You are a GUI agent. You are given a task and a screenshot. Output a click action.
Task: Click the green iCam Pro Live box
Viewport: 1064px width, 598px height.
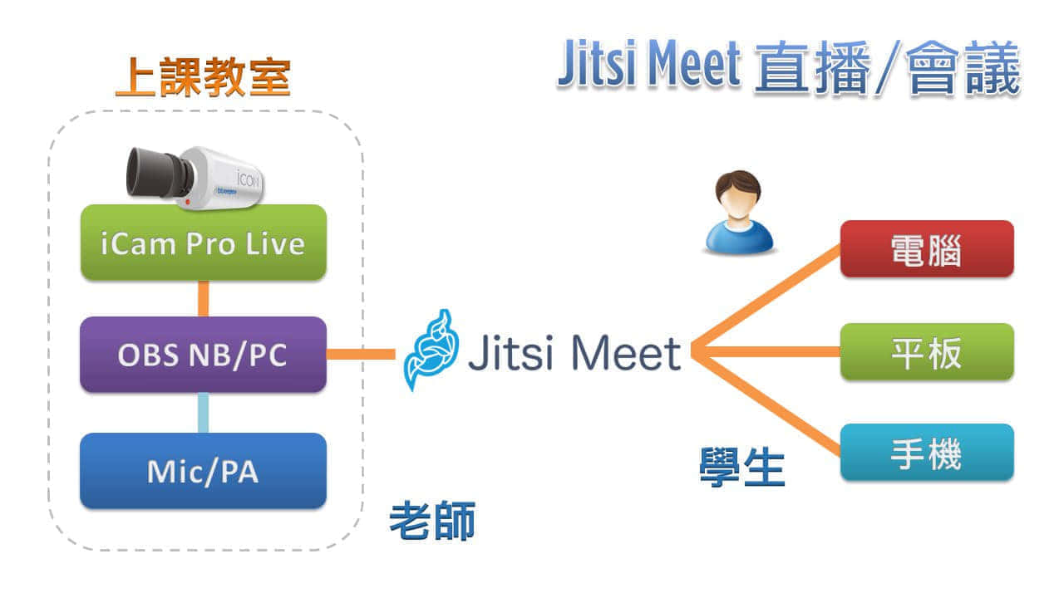pos(203,243)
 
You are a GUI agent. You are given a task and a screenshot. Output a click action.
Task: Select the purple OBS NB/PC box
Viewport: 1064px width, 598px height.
pos(203,355)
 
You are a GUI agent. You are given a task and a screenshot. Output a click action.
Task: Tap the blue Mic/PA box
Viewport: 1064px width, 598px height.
pos(203,471)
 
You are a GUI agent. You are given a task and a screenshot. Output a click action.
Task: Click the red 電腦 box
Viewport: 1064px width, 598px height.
pos(926,248)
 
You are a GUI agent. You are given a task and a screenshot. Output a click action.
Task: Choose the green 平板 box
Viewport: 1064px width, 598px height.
pos(926,352)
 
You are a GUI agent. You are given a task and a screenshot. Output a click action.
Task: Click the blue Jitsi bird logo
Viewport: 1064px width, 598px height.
pos(429,350)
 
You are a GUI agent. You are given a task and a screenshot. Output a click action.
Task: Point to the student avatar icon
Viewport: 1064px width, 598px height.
pos(738,212)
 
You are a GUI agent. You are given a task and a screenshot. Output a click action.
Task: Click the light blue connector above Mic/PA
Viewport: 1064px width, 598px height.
pos(203,413)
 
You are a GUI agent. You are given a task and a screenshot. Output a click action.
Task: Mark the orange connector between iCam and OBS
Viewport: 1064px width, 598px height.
pos(203,298)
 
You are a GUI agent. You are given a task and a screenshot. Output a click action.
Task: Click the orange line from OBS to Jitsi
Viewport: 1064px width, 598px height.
pos(361,355)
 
